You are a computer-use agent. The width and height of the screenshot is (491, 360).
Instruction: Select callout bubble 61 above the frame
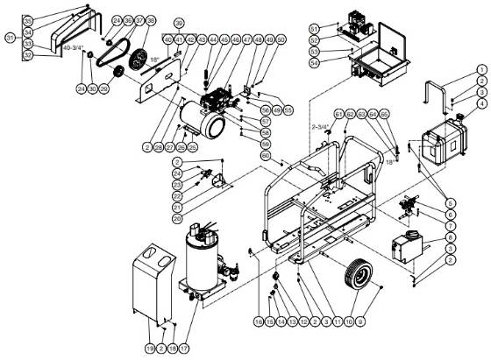338,114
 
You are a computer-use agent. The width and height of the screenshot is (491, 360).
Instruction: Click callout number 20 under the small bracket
177,218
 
